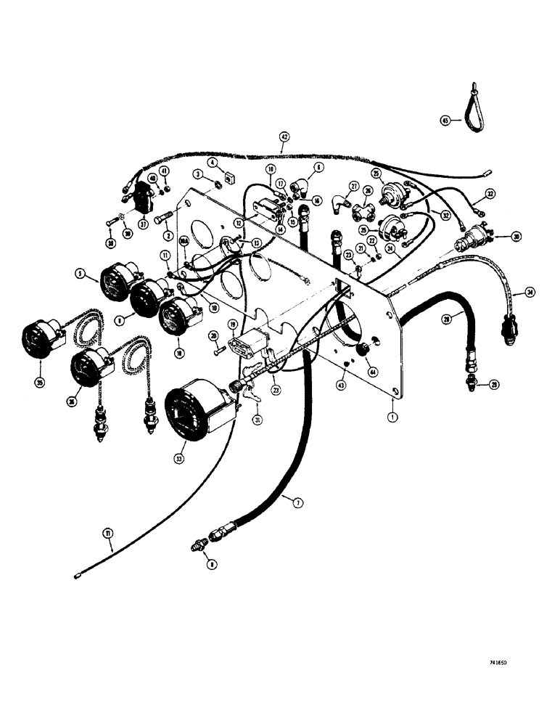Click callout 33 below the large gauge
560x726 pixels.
coord(179,458)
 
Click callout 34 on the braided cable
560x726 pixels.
coord(530,293)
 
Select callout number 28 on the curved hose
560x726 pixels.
coord(448,319)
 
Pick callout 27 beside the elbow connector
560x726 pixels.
coord(355,186)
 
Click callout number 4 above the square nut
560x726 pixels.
coord(212,163)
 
